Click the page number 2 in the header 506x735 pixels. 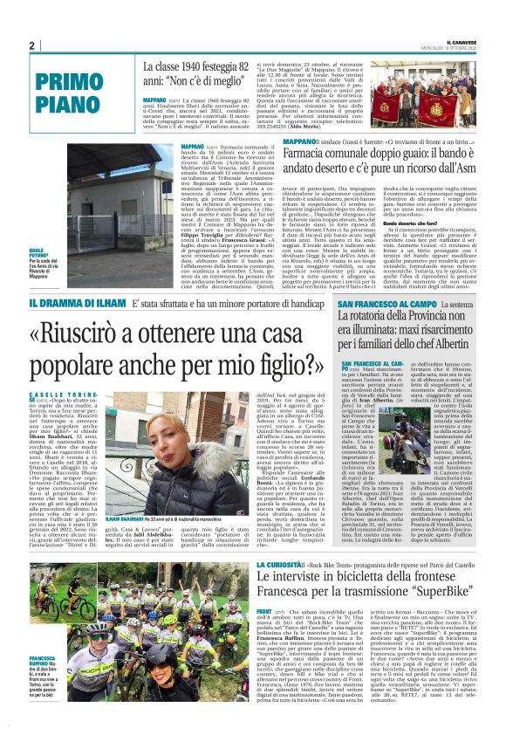tap(32, 46)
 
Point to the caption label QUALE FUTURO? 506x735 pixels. tap(41, 251)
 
